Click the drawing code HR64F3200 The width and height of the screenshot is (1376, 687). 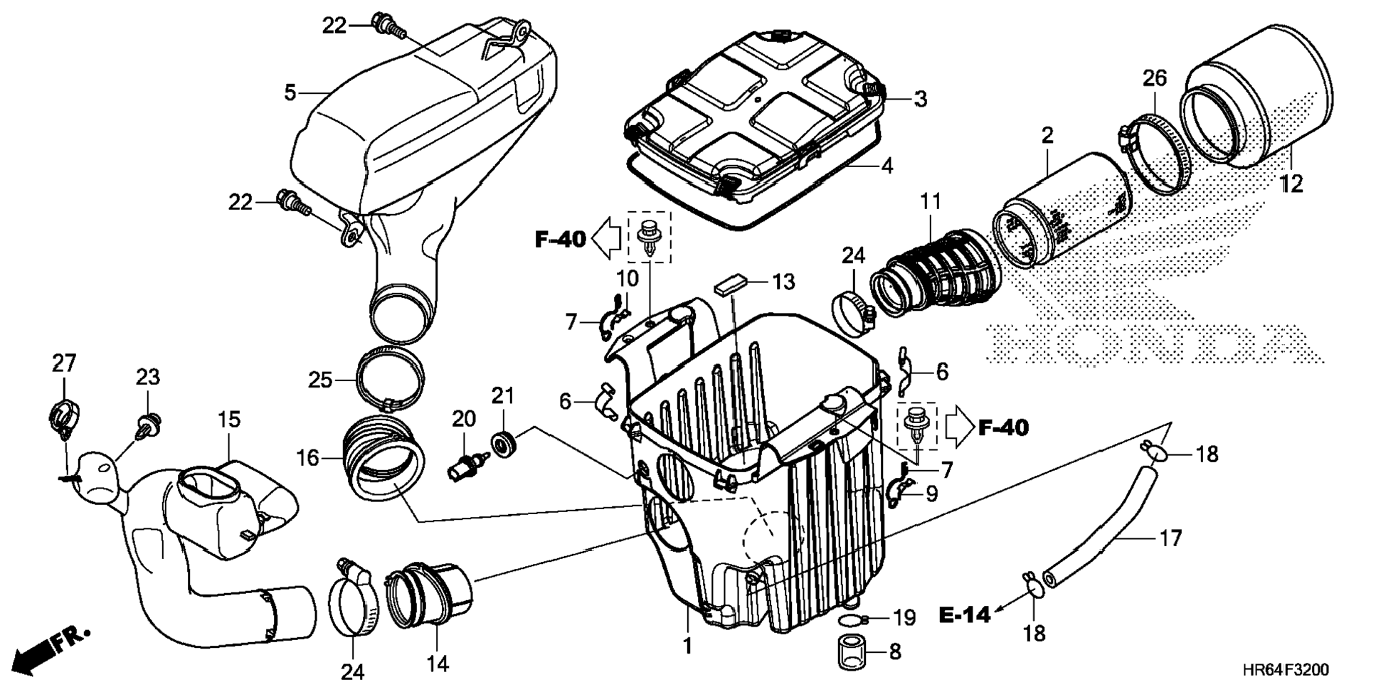pos(1285,670)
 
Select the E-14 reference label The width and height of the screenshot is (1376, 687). pos(964,614)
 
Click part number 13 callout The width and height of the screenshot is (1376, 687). pos(783,282)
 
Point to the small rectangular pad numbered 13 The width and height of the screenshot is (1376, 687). pos(731,286)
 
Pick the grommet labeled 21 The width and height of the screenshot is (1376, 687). pos(504,445)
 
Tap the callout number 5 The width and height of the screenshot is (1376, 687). pos(290,92)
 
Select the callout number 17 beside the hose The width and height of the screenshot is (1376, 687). pos(1170,538)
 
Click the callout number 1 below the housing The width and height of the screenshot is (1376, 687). pos(687,646)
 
